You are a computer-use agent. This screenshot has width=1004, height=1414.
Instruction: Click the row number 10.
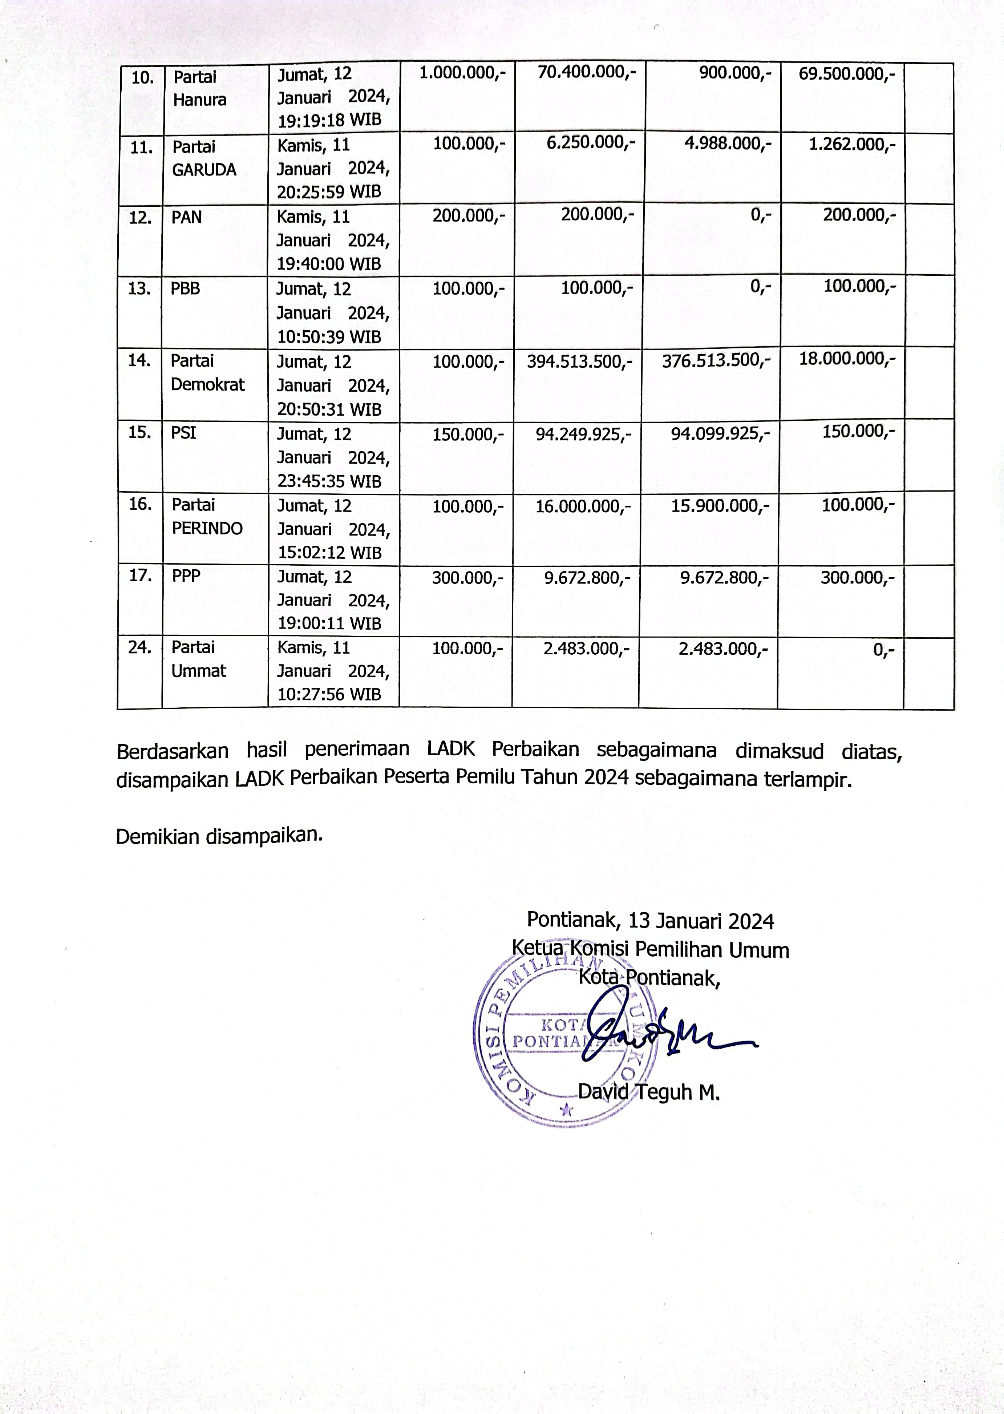143,78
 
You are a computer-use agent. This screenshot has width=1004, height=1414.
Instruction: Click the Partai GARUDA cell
204,158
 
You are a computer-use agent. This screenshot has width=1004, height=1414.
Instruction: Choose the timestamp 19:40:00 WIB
328,264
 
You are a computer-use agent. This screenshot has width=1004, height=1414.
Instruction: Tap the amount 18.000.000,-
847,359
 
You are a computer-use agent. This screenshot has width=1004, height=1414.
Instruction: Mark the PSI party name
183,433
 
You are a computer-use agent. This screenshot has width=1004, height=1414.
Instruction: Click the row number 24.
140,647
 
